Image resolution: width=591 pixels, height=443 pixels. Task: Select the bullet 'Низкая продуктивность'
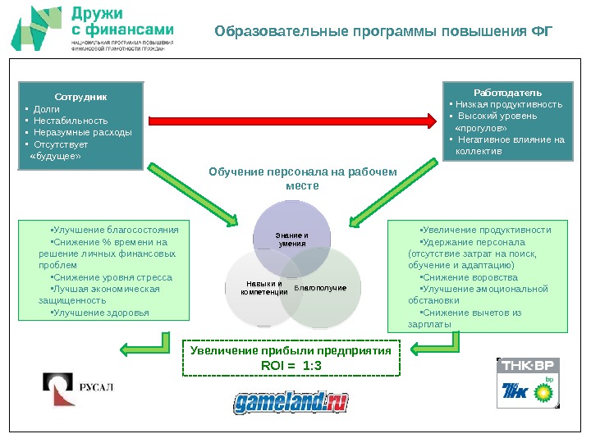point(509,104)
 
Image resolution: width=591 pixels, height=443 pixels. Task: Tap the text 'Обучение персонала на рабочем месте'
point(302,178)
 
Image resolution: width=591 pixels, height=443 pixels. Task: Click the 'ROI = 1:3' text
point(291,365)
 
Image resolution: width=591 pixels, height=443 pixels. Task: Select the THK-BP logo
point(529,382)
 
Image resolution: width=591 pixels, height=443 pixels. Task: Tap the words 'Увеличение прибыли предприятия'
point(291,350)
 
